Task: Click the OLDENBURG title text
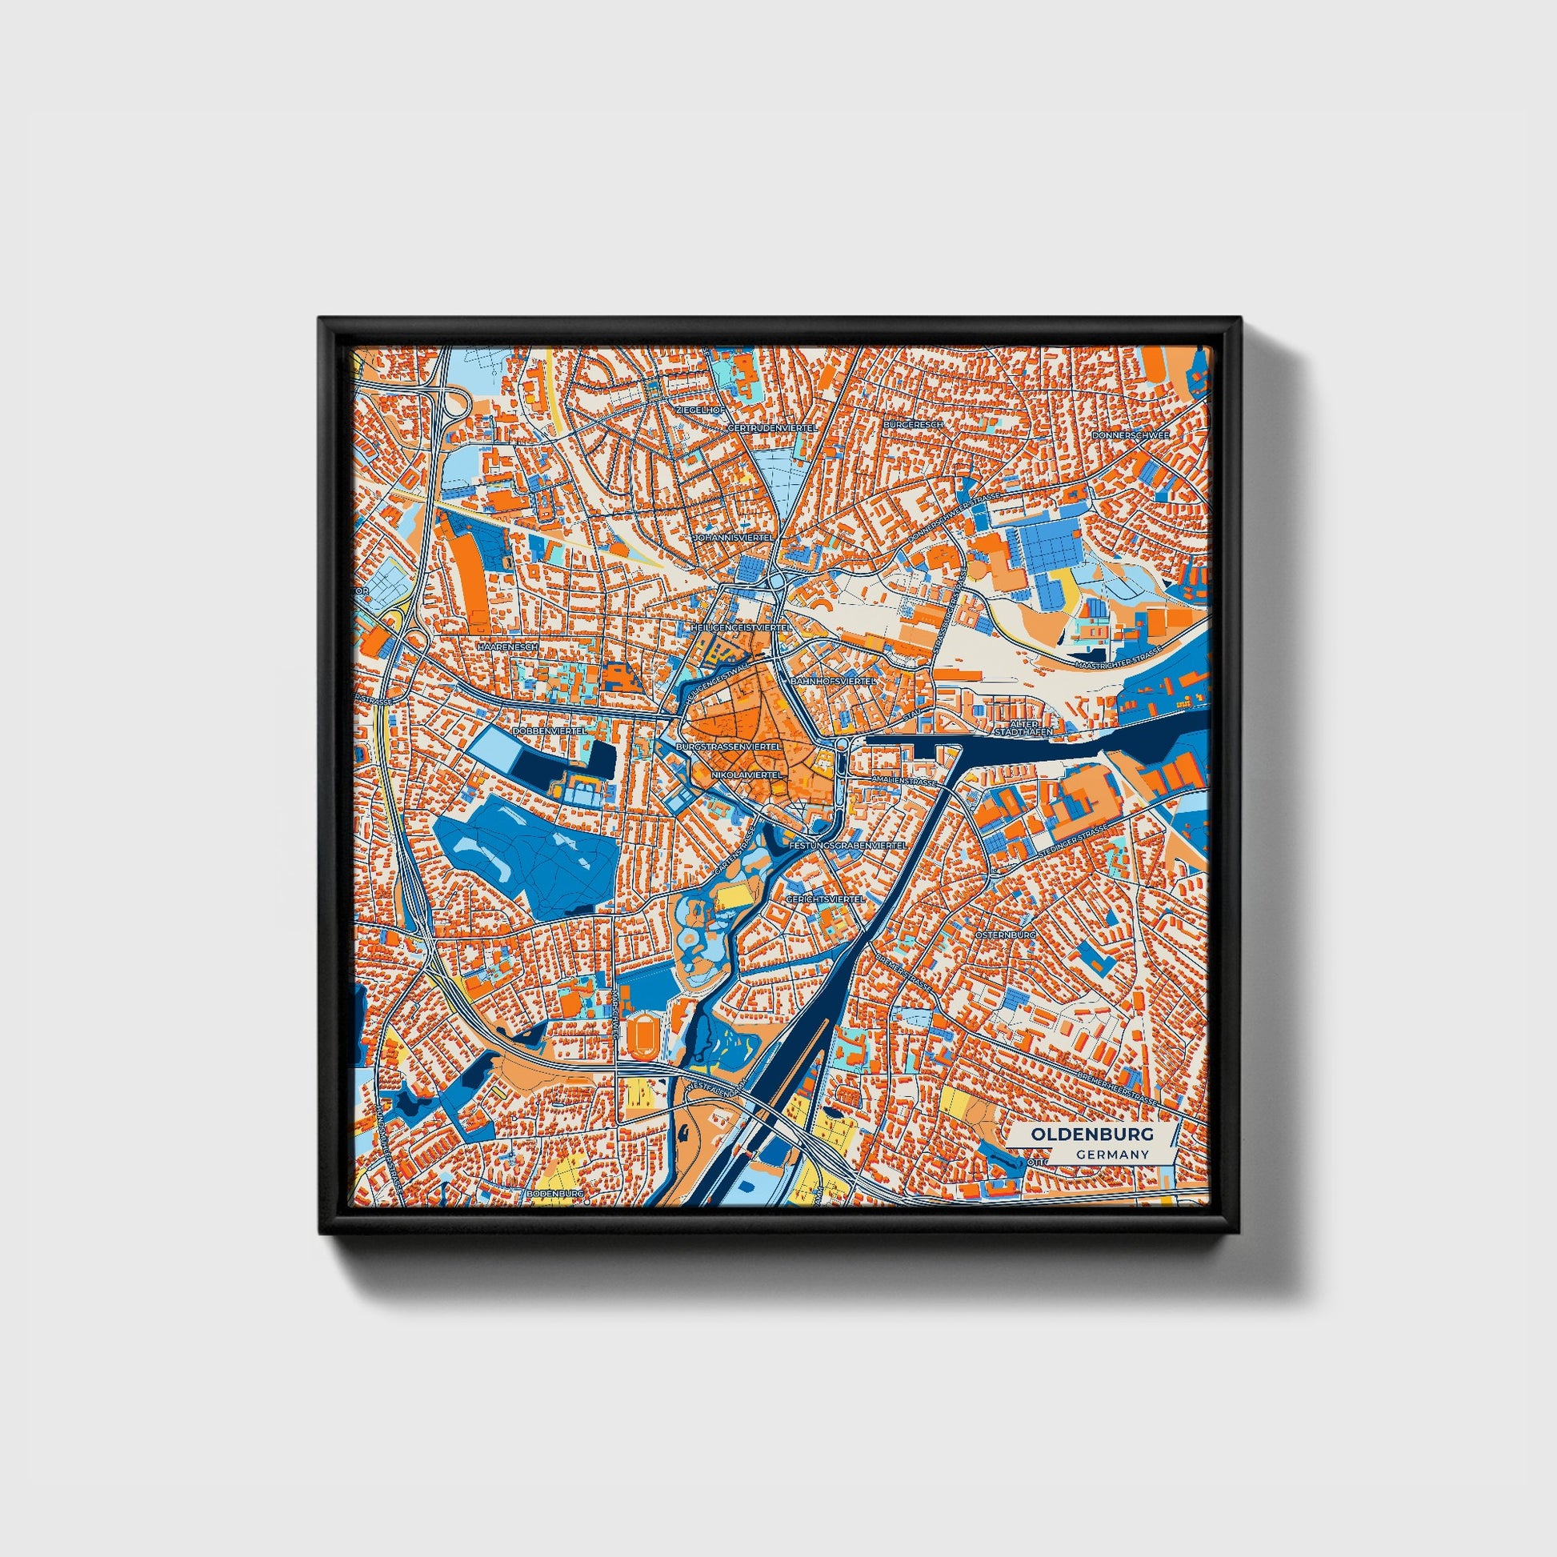click(x=1092, y=1134)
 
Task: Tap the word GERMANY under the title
click(x=1111, y=1155)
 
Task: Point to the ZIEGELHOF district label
click(x=695, y=410)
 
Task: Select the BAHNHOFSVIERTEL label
click(x=834, y=682)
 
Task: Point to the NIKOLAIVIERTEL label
click(x=747, y=774)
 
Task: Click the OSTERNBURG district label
click(x=1004, y=935)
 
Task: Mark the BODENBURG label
click(x=554, y=1192)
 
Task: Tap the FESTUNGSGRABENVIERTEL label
click(x=848, y=846)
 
